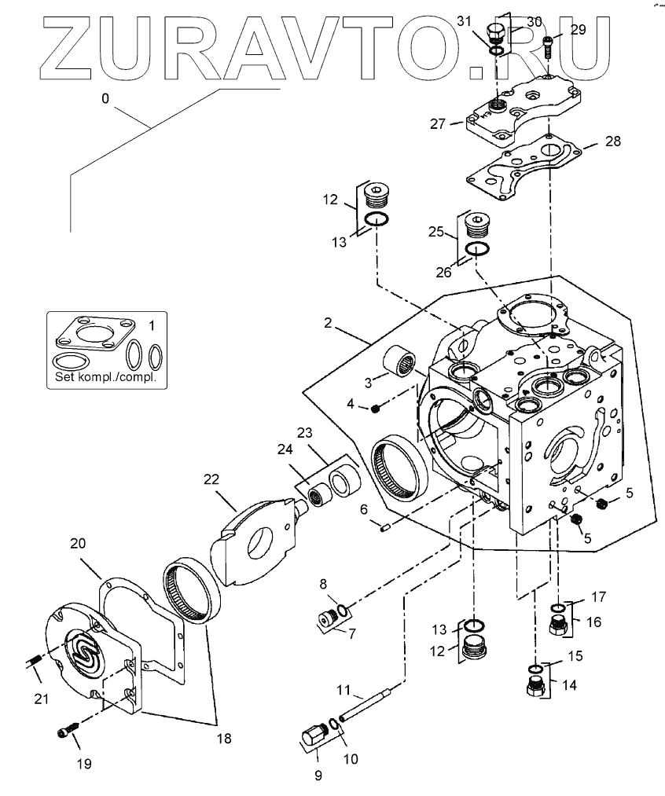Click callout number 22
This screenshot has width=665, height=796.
pyautogui.click(x=211, y=479)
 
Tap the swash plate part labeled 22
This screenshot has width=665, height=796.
pyautogui.click(x=257, y=542)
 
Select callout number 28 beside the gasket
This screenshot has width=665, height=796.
pyautogui.click(x=613, y=141)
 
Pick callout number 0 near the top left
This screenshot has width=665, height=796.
pyautogui.click(x=105, y=98)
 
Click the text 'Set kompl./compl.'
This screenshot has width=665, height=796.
pyautogui.click(x=105, y=377)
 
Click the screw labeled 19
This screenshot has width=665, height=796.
pyautogui.click(x=67, y=729)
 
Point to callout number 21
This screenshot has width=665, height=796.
pyautogui.click(x=41, y=699)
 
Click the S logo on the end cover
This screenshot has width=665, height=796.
pyautogui.click(x=85, y=647)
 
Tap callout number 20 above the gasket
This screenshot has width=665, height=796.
pyautogui.click(x=78, y=543)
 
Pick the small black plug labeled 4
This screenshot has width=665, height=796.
pyautogui.click(x=376, y=409)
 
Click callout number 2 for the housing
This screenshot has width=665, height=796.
pyautogui.click(x=328, y=323)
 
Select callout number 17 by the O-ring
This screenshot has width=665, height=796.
pyautogui.click(x=599, y=596)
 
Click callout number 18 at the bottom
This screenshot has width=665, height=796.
pyautogui.click(x=224, y=738)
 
